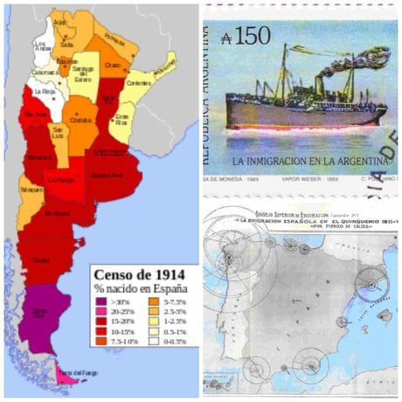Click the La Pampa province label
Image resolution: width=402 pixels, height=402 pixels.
[x=60, y=180]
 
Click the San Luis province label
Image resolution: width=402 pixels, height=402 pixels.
[x=61, y=134]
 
